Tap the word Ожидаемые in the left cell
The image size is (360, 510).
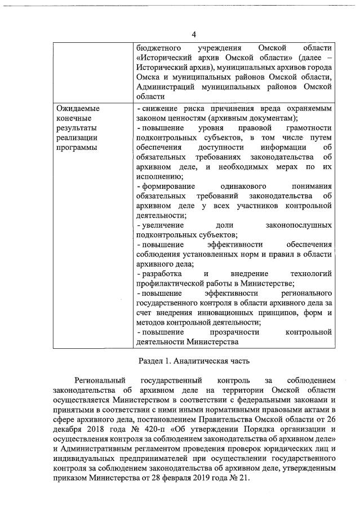[x=77, y=108]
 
